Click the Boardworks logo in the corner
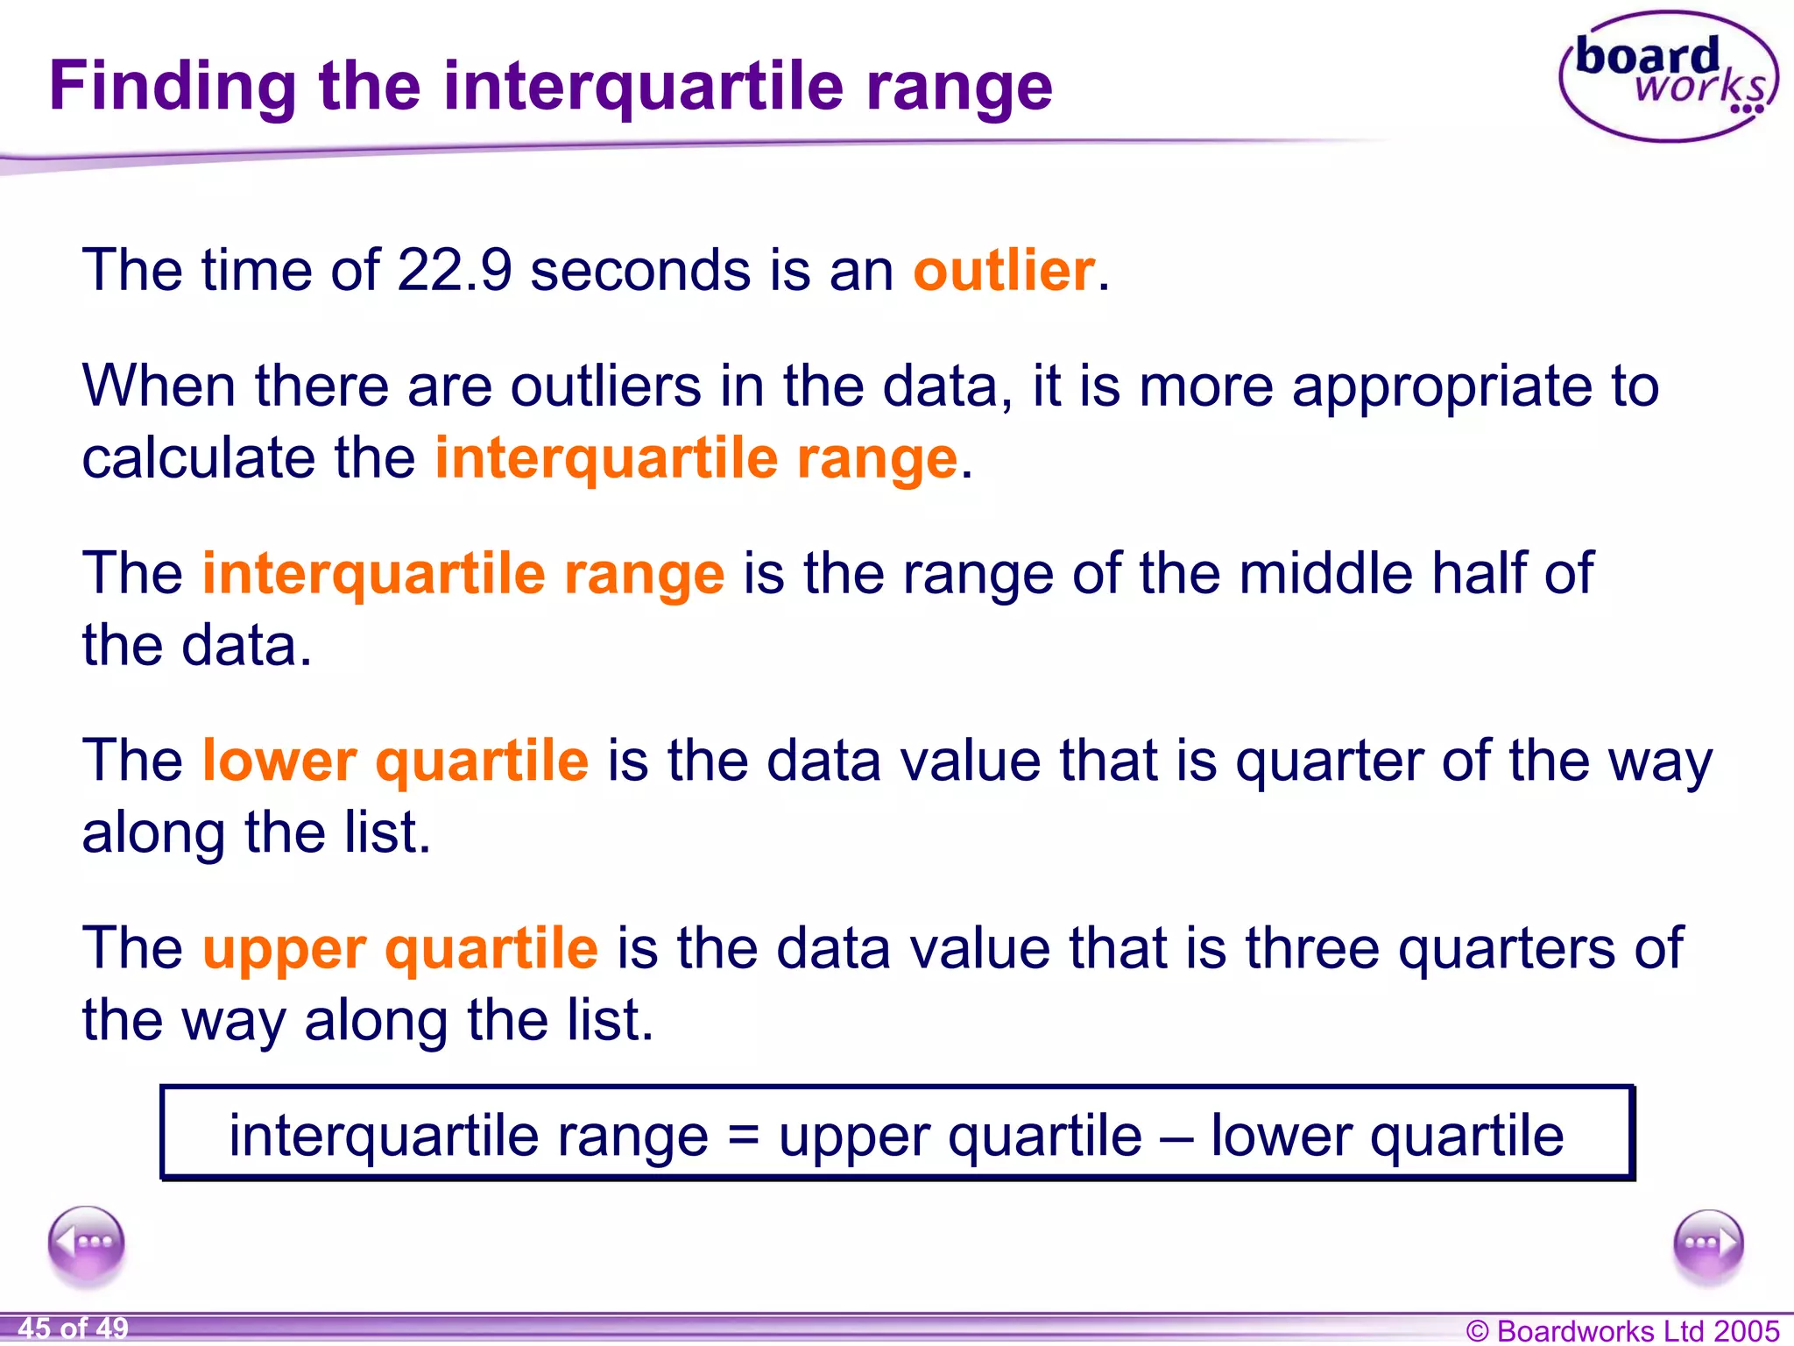(1668, 77)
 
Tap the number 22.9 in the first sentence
(454, 269)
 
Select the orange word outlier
(1004, 269)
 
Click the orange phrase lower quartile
(395, 760)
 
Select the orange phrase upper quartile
(400, 948)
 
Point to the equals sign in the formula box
(743, 1136)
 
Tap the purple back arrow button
(87, 1243)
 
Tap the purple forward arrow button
(1707, 1243)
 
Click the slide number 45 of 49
(74, 1328)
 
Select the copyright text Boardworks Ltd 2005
(1622, 1330)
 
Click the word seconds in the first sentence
(640, 269)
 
